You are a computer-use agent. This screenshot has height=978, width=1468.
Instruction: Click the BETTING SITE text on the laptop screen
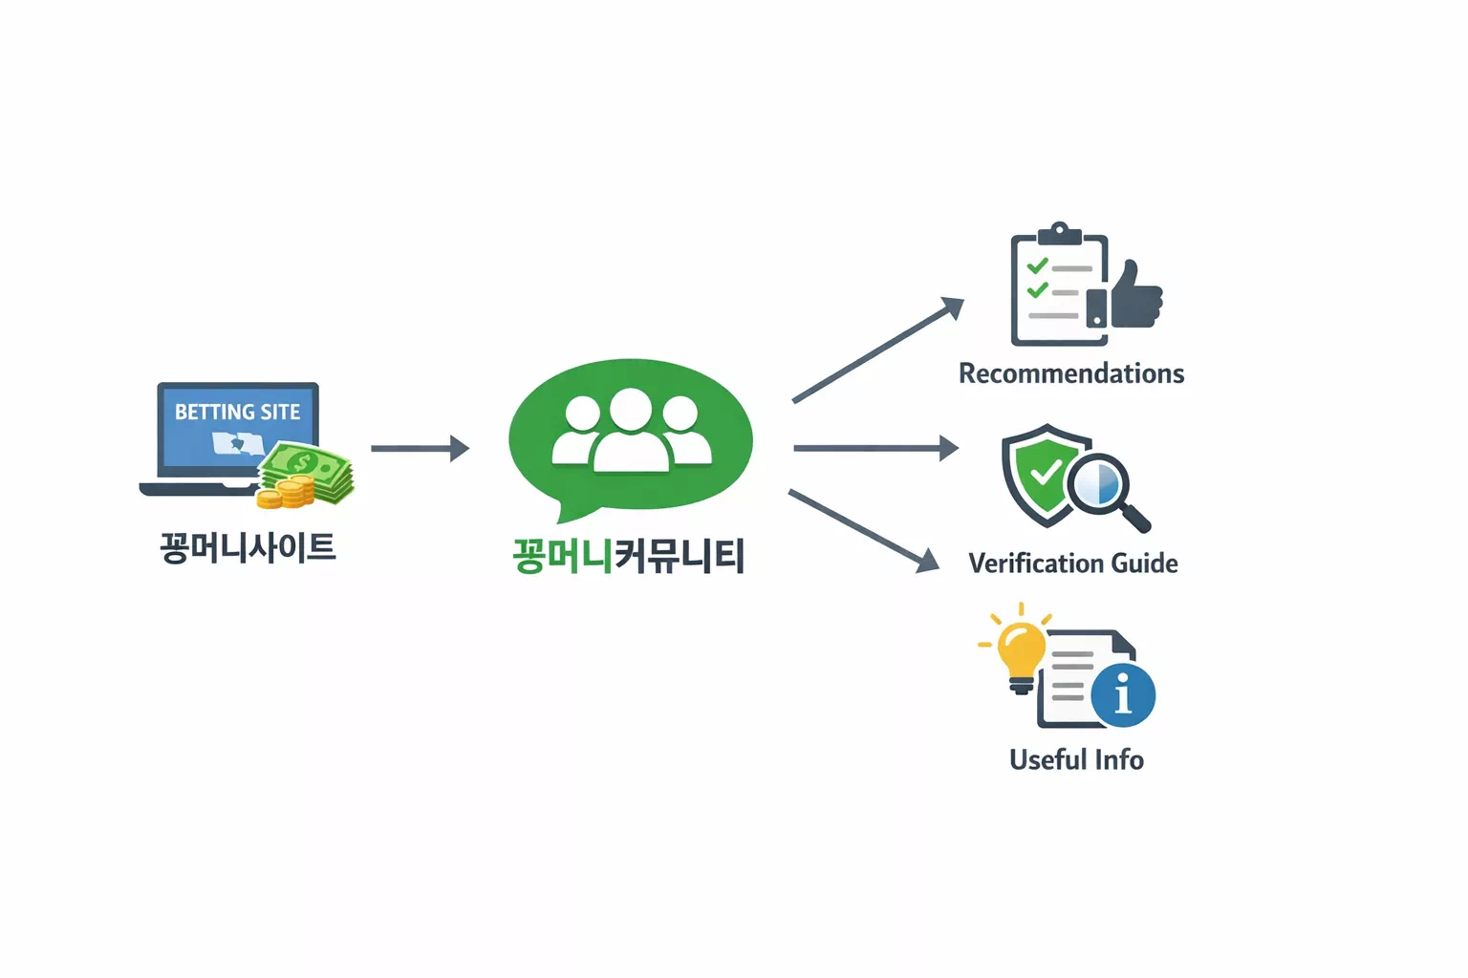[237, 412]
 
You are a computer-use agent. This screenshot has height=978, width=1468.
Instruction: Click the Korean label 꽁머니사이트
[248, 548]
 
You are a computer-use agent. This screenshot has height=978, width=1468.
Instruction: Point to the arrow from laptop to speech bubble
[420, 448]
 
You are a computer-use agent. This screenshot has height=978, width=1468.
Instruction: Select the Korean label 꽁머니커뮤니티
[628, 556]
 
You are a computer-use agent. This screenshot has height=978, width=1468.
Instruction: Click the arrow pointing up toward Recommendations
[877, 350]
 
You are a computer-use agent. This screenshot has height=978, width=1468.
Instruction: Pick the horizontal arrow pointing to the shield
[875, 448]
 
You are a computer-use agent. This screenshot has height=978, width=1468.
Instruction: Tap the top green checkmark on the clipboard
[1037, 266]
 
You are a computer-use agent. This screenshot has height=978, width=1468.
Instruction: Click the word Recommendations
[1071, 373]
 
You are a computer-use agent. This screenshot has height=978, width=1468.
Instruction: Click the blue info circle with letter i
[1123, 694]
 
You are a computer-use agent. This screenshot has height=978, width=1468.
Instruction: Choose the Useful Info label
[1076, 760]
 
